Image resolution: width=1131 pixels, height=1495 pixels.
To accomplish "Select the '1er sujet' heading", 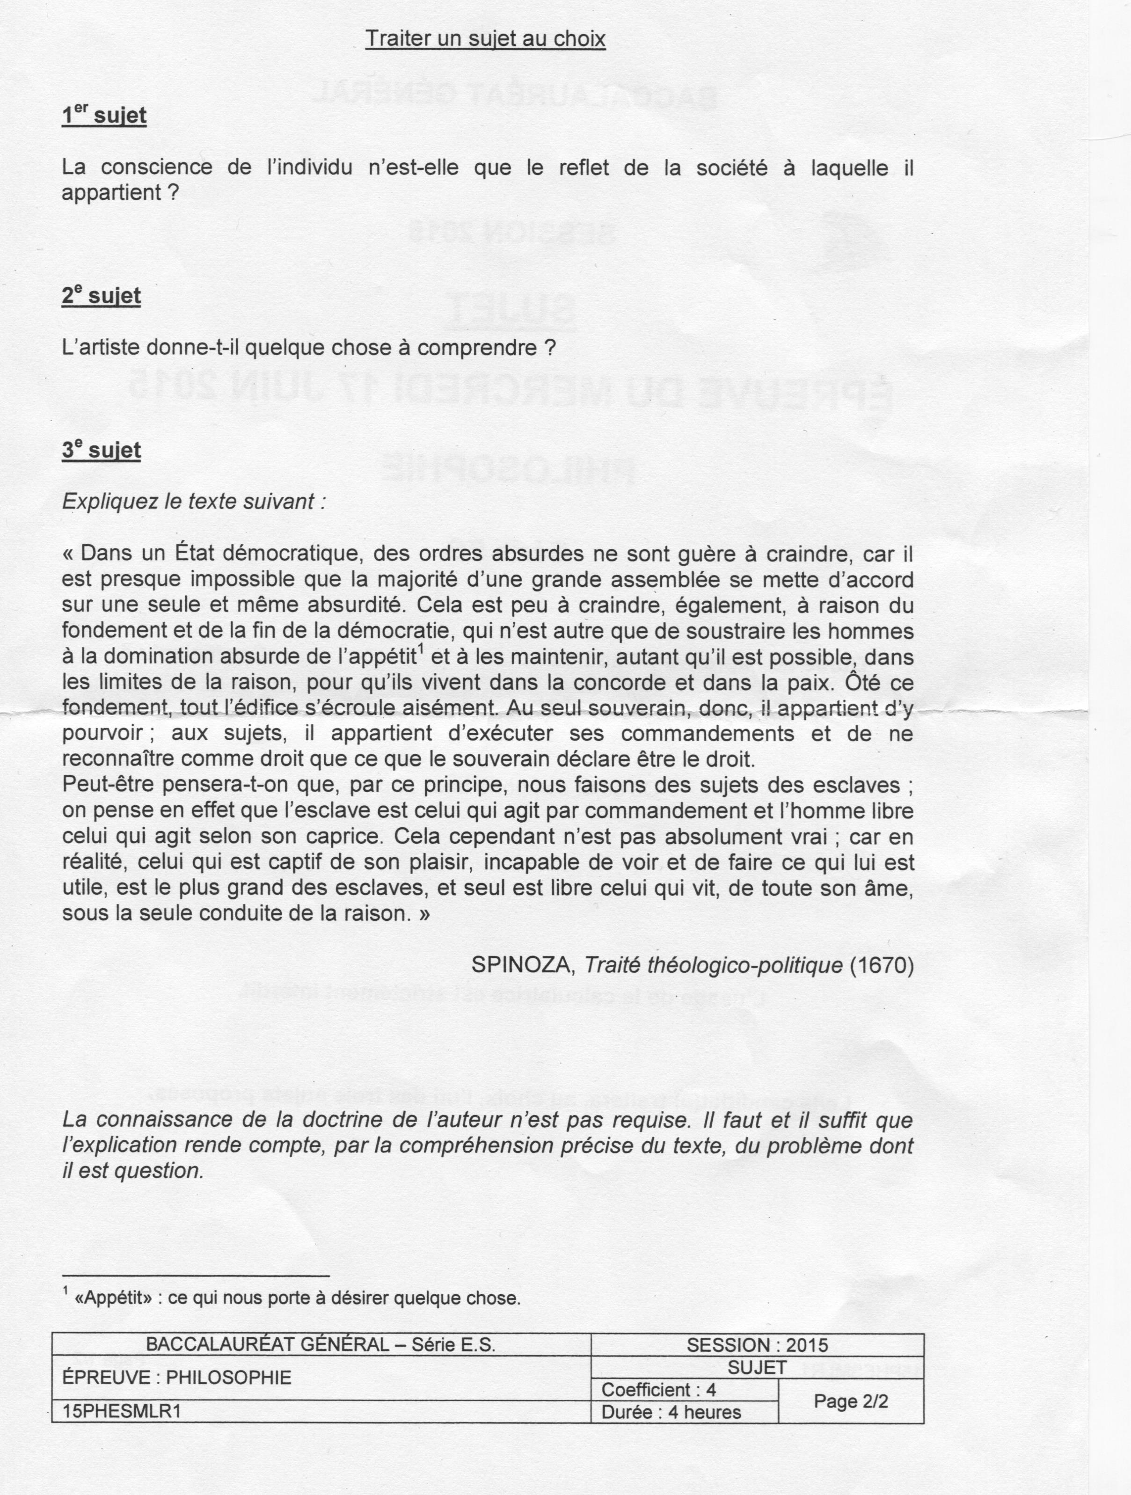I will [103, 115].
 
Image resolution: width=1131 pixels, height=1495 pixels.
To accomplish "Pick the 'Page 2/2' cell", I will [850, 1401].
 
